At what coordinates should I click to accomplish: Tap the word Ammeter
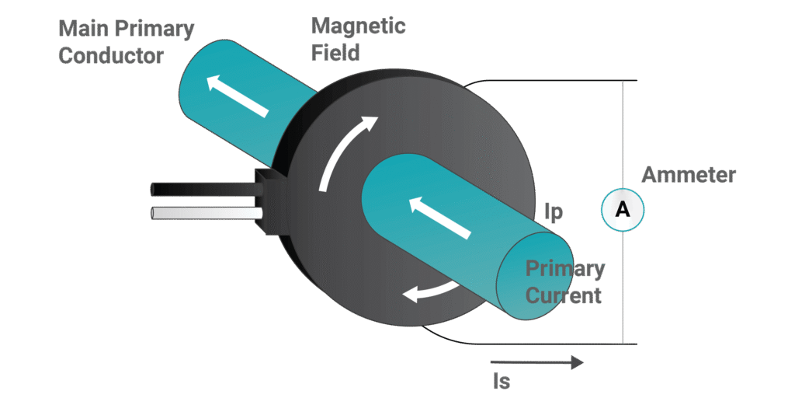tap(688, 175)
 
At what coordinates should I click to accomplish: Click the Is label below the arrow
tap(502, 382)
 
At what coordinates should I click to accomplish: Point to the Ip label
tap(553, 215)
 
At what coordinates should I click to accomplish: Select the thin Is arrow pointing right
tap(536, 362)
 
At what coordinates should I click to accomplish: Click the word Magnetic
tap(358, 26)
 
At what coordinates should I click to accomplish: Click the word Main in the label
tap(83, 30)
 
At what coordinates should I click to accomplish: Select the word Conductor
tap(110, 56)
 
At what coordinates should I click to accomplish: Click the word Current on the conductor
tap(564, 295)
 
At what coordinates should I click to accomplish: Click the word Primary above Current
tap(565, 269)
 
